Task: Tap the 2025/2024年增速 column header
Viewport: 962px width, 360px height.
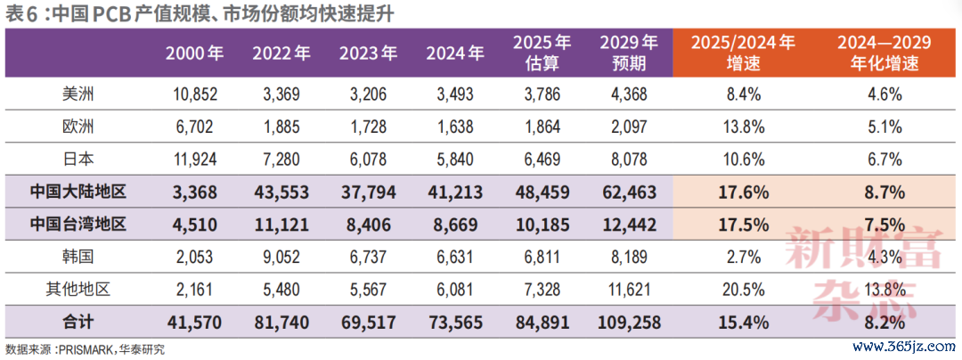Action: click(x=742, y=53)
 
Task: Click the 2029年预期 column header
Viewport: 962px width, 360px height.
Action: click(x=629, y=53)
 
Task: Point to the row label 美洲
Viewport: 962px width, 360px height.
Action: click(x=77, y=94)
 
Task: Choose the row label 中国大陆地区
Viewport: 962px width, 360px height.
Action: click(x=77, y=192)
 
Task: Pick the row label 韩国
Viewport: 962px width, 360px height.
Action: click(x=77, y=257)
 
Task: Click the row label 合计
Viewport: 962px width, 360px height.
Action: click(x=77, y=322)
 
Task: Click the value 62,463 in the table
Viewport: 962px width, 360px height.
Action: click(x=629, y=192)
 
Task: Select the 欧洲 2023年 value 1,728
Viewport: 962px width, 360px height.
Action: click(x=367, y=127)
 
